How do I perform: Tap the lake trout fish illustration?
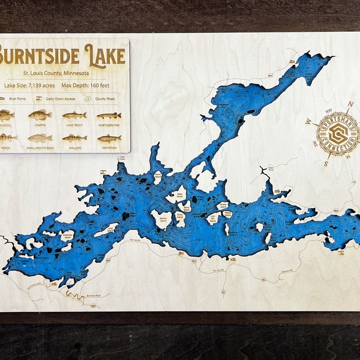pyautogui.click(x=74, y=115)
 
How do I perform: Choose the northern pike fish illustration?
pyautogui.click(x=109, y=115)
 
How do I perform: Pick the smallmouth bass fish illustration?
pyautogui.click(x=40, y=138)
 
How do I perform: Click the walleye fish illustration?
pyautogui.click(x=74, y=138)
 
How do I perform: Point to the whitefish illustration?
pyautogui.click(x=109, y=138)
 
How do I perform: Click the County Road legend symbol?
pyautogui.click(x=88, y=98)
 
